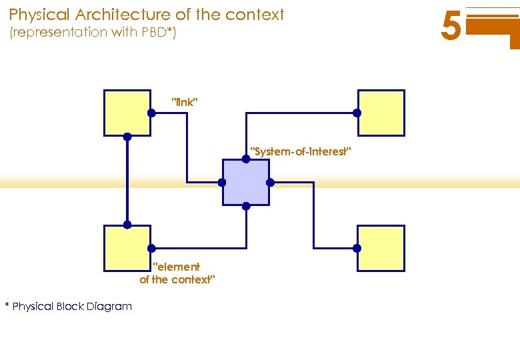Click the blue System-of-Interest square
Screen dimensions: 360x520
tap(246, 182)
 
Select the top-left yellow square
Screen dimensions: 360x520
tap(127, 113)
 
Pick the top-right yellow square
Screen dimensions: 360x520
tap(381, 113)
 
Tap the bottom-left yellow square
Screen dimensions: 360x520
tap(127, 248)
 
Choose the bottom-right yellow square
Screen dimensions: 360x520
tap(381, 248)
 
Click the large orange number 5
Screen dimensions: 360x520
tap(451, 28)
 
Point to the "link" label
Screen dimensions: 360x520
tap(185, 102)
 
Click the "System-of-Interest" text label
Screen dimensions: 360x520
tap(300, 152)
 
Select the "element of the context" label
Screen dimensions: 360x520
tap(177, 273)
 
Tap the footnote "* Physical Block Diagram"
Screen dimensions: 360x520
tap(69, 307)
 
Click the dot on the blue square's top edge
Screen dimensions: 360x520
tap(246, 159)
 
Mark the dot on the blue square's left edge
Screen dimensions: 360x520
tap(222, 182)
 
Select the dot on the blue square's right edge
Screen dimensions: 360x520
tap(270, 182)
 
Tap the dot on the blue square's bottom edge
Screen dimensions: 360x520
tap(246, 206)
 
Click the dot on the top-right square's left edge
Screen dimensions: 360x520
tap(357, 113)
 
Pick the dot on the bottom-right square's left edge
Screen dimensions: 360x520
tap(357, 248)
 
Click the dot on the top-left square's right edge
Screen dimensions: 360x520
tap(151, 113)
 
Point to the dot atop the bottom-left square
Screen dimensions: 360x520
tap(127, 225)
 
